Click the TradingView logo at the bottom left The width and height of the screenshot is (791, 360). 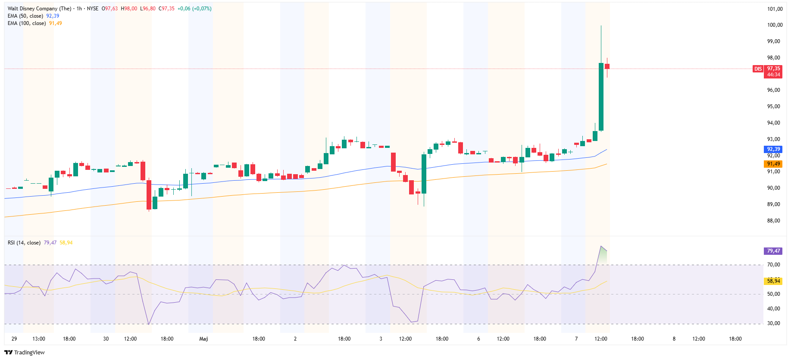coord(24,352)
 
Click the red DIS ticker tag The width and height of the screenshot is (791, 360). coord(758,69)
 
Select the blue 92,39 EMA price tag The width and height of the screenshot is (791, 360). coord(773,149)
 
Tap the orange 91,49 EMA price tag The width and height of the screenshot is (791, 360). coord(773,164)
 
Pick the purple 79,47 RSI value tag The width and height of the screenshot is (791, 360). coord(773,251)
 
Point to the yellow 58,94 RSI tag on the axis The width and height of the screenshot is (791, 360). coord(773,281)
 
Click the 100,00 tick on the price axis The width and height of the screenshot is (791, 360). coord(775,25)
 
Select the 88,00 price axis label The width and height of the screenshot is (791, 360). coord(773,221)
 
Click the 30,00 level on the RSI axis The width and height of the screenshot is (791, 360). coord(773,323)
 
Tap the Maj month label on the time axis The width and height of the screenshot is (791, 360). coord(203,339)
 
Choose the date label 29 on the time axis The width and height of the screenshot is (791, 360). coord(14,339)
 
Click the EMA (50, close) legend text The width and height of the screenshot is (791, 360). coord(25,16)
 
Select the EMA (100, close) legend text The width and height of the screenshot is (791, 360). coord(27,23)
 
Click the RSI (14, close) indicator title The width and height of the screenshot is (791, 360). coord(24,243)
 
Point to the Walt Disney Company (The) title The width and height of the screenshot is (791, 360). coord(39,9)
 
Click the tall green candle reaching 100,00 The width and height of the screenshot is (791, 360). coord(601,97)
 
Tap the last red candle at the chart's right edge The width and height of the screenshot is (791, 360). coord(607,66)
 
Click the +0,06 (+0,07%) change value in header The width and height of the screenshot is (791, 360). coord(194,9)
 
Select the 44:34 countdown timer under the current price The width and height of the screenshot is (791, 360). coord(773,75)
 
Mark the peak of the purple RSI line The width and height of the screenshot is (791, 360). coord(601,246)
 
